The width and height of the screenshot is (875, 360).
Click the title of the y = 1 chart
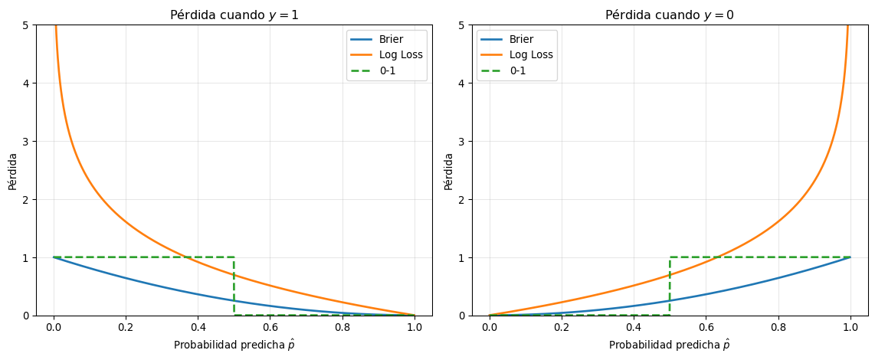click(x=234, y=15)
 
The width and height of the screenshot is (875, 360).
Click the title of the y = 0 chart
click(x=670, y=15)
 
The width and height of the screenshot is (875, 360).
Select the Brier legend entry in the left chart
click(x=392, y=40)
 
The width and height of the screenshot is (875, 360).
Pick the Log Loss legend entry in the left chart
click(x=400, y=55)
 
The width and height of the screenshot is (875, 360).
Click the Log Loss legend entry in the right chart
click(x=531, y=55)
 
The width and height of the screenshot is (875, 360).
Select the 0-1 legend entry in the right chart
click(x=519, y=70)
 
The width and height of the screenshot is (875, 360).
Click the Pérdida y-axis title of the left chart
click(x=13, y=171)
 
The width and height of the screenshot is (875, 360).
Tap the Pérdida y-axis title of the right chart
click(x=448, y=171)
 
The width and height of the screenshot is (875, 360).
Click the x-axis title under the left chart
click(x=234, y=345)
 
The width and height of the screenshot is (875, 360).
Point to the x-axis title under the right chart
click(x=670, y=345)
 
